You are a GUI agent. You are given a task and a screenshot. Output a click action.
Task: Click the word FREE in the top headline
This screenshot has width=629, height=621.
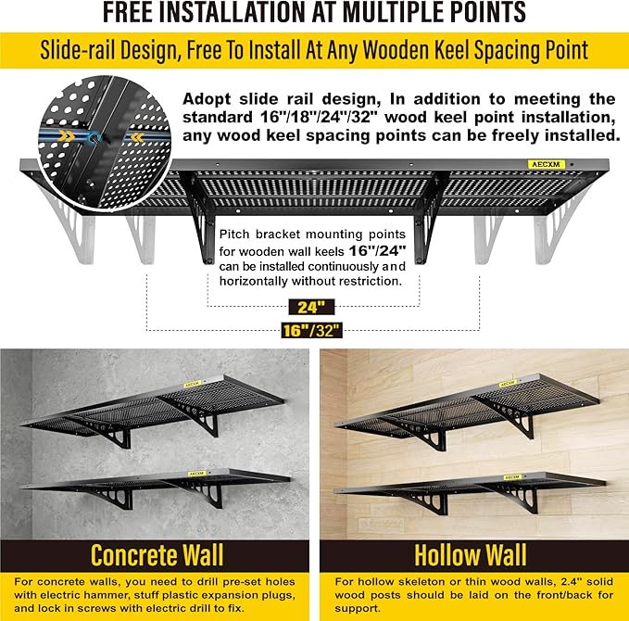click(134, 13)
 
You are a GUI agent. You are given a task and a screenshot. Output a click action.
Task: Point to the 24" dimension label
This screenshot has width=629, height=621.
click(305, 307)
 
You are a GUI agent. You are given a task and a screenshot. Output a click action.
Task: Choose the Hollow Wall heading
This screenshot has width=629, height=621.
click(472, 556)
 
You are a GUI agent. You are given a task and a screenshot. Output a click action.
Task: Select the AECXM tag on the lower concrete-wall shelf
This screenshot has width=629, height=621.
click(196, 473)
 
